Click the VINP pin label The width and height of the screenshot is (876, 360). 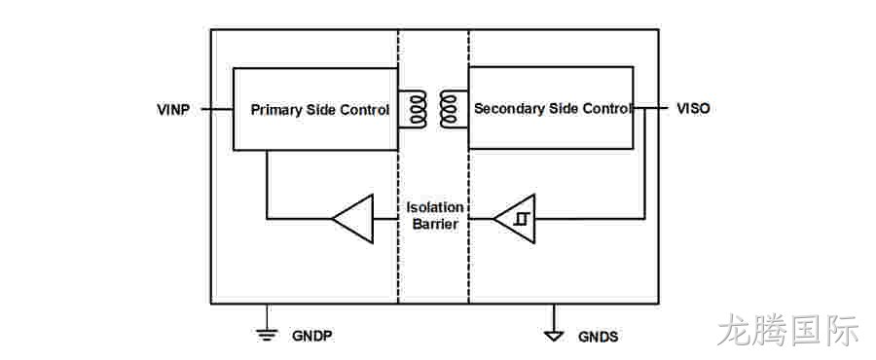[x=173, y=109]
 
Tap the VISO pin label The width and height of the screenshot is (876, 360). [x=693, y=108]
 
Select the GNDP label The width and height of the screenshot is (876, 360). [x=312, y=336]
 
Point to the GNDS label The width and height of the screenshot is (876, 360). [x=598, y=337]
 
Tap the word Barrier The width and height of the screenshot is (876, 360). [x=435, y=225]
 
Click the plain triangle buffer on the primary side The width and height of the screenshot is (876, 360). [x=352, y=219]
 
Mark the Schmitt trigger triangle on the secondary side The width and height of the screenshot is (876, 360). [x=514, y=219]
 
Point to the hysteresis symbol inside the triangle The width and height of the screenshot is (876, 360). [x=523, y=219]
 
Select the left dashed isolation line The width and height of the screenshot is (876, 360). [x=398, y=166]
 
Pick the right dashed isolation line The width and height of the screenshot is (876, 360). [x=469, y=166]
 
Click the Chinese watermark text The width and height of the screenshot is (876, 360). [x=787, y=329]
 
